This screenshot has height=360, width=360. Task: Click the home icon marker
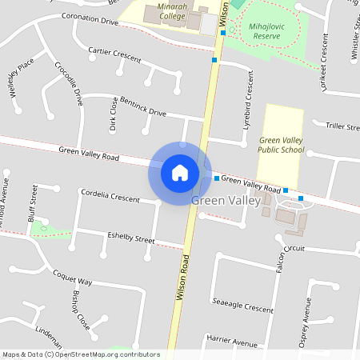tap(180, 172)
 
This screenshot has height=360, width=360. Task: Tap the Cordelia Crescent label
tap(110, 196)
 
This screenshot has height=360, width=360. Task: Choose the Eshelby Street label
tap(131, 238)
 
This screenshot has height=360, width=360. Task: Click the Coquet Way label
tap(73, 278)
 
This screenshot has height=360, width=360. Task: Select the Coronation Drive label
tap(89, 19)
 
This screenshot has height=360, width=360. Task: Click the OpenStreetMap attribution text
tap(81, 354)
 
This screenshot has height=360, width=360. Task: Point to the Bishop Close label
tap(80, 311)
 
